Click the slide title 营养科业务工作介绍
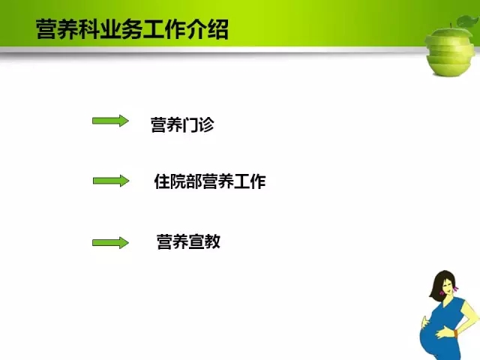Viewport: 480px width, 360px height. tap(132, 30)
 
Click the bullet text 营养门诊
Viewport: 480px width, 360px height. tap(182, 124)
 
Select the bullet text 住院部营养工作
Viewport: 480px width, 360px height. tap(210, 181)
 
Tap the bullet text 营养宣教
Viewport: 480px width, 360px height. tap(188, 241)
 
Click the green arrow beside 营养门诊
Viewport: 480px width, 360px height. tap(110, 121)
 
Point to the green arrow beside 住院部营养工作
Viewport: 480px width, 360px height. tap(111, 181)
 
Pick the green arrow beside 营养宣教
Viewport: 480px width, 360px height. tap(110, 243)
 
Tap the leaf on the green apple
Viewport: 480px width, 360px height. tap(468, 22)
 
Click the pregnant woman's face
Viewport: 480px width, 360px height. tap(448, 286)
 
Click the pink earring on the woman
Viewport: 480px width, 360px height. tap(456, 288)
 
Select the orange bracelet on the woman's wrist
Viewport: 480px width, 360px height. tap(456, 334)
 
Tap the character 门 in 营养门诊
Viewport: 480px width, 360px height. tap(190, 125)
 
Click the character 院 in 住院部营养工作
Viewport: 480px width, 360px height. tap(178, 181)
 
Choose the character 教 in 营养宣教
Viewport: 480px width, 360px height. tap(213, 241)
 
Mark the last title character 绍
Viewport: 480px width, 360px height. tap(218, 30)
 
